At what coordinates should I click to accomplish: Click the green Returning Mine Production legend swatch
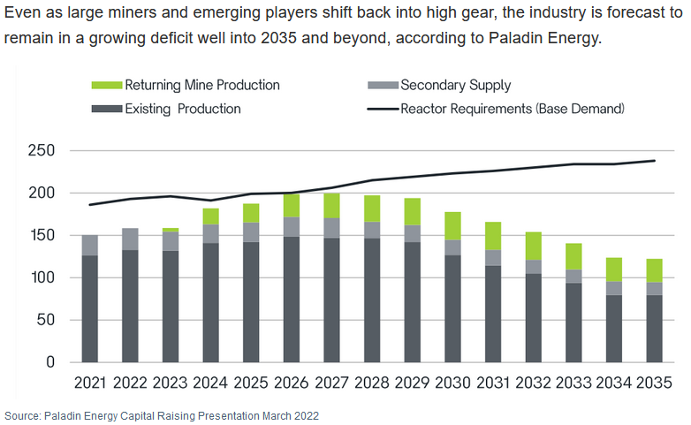(105, 86)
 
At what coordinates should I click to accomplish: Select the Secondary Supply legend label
(455, 86)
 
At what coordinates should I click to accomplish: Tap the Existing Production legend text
(182, 109)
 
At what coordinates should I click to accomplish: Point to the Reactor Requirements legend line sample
(381, 109)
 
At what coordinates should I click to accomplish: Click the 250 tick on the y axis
(41, 151)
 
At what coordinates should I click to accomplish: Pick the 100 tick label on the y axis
(41, 277)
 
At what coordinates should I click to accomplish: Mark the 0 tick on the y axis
(50, 362)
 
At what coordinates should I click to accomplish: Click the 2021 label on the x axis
(90, 383)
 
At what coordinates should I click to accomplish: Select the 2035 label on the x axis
(654, 383)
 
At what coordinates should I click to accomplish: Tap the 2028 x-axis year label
(372, 383)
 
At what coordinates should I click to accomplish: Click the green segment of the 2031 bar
(493, 236)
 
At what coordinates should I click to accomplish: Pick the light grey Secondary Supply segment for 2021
(90, 245)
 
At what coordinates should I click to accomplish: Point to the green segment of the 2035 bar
(654, 270)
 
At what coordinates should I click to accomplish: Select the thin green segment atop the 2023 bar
(171, 230)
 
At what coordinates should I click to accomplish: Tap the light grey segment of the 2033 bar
(573, 277)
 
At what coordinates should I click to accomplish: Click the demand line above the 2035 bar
(654, 161)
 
